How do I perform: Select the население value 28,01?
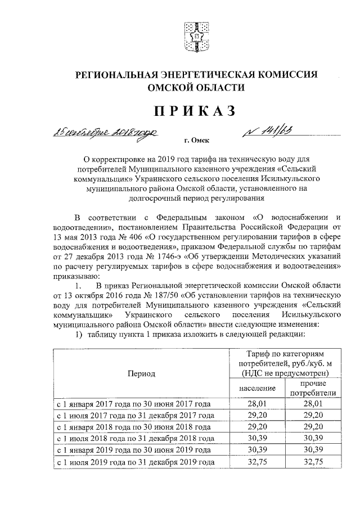(256, 404)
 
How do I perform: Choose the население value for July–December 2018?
(256, 439)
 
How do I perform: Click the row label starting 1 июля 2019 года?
(134, 462)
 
